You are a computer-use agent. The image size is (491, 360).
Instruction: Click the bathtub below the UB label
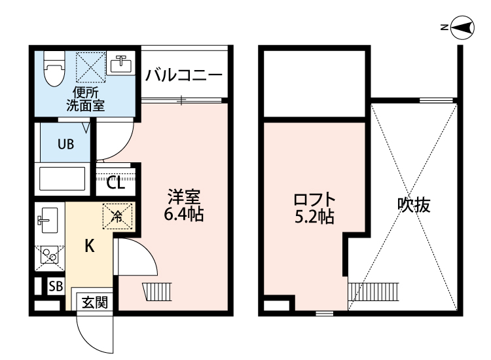pos(63,179)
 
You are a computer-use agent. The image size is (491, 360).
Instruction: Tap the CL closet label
pos(115,182)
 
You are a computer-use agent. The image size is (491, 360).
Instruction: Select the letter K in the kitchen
pos(90,247)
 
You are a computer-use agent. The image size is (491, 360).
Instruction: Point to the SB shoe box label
pos(56,286)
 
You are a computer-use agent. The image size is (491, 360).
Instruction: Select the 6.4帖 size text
pos(183,213)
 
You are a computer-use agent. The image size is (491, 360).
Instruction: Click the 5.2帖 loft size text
pos(314,216)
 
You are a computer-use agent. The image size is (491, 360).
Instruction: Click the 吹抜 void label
pos(414,205)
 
